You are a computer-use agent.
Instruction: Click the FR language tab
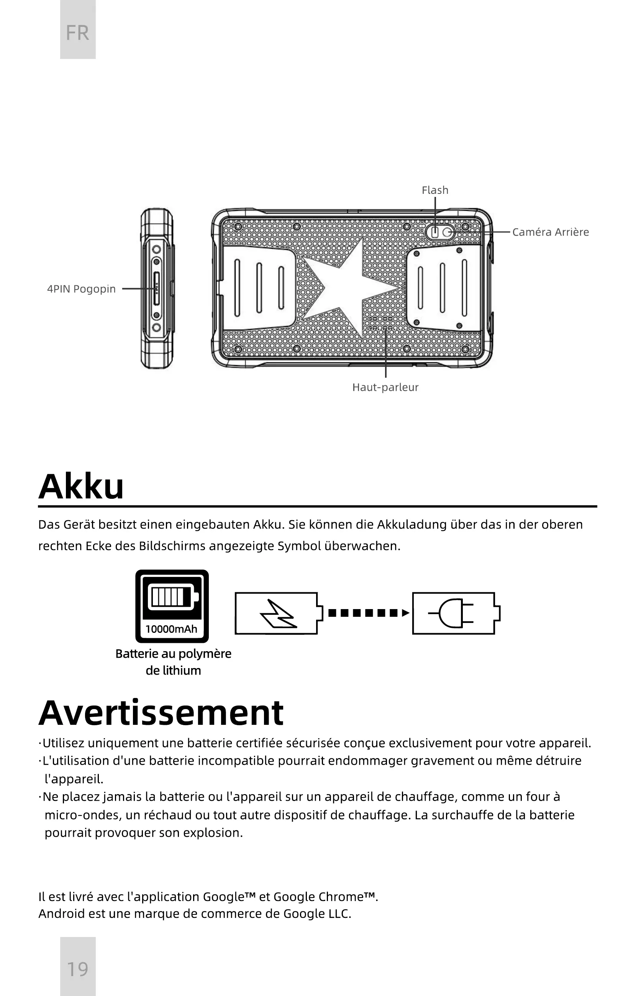coord(77,32)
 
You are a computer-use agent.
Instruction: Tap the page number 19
coord(77,969)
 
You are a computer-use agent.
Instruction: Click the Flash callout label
coord(435,190)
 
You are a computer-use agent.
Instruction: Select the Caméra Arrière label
coord(550,232)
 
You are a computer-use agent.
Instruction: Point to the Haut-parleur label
coord(385,387)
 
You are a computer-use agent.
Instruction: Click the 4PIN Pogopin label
coord(81,289)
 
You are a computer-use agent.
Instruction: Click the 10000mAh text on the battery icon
coord(171,629)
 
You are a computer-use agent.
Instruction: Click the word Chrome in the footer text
coord(341,897)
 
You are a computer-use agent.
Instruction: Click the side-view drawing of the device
coord(157,288)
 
